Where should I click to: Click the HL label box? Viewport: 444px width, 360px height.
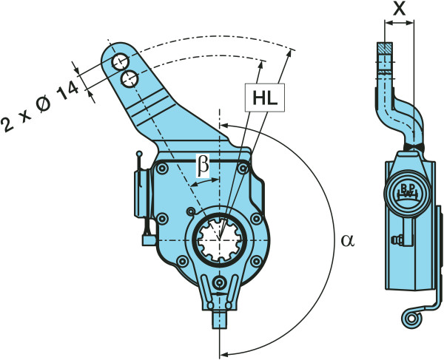[x=265, y=98]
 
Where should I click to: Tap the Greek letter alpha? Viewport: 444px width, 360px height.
[x=348, y=241]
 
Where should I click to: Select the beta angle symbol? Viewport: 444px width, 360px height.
[x=203, y=166]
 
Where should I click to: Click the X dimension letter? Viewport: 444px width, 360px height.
[x=400, y=9]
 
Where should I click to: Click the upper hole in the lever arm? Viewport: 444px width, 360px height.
[x=120, y=63]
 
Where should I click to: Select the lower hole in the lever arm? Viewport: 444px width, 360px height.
[x=129, y=79]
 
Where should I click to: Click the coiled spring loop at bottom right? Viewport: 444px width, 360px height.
[x=411, y=319]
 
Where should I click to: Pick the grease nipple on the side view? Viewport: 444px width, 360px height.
[x=394, y=240]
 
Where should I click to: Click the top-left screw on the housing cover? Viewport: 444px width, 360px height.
[x=162, y=169]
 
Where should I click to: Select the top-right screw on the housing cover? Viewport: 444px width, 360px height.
[x=243, y=169]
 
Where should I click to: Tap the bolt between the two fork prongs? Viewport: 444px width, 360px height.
[x=220, y=282]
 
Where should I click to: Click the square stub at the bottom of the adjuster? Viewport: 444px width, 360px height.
[x=220, y=319]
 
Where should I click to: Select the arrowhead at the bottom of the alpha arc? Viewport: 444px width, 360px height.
[x=224, y=353]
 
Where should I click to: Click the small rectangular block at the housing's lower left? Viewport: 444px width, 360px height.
[x=149, y=240]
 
